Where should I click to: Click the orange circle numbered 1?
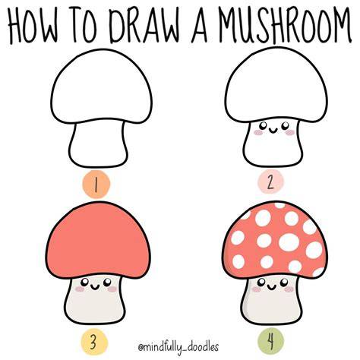(x=96, y=184)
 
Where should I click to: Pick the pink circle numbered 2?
(x=270, y=182)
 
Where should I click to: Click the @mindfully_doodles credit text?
(x=178, y=346)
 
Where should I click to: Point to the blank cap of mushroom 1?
(x=102, y=86)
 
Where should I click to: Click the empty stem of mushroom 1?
(x=98, y=144)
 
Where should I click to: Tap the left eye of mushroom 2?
(x=264, y=125)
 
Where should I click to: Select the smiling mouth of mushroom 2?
(x=273, y=131)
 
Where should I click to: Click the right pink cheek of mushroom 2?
(x=289, y=132)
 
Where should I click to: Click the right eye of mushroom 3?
(x=107, y=282)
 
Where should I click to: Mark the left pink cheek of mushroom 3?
(x=80, y=289)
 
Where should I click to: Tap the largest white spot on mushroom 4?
(x=289, y=242)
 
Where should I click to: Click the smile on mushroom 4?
(x=272, y=287)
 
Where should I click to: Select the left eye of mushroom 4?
(x=261, y=282)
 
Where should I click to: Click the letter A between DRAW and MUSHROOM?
(x=200, y=25)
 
